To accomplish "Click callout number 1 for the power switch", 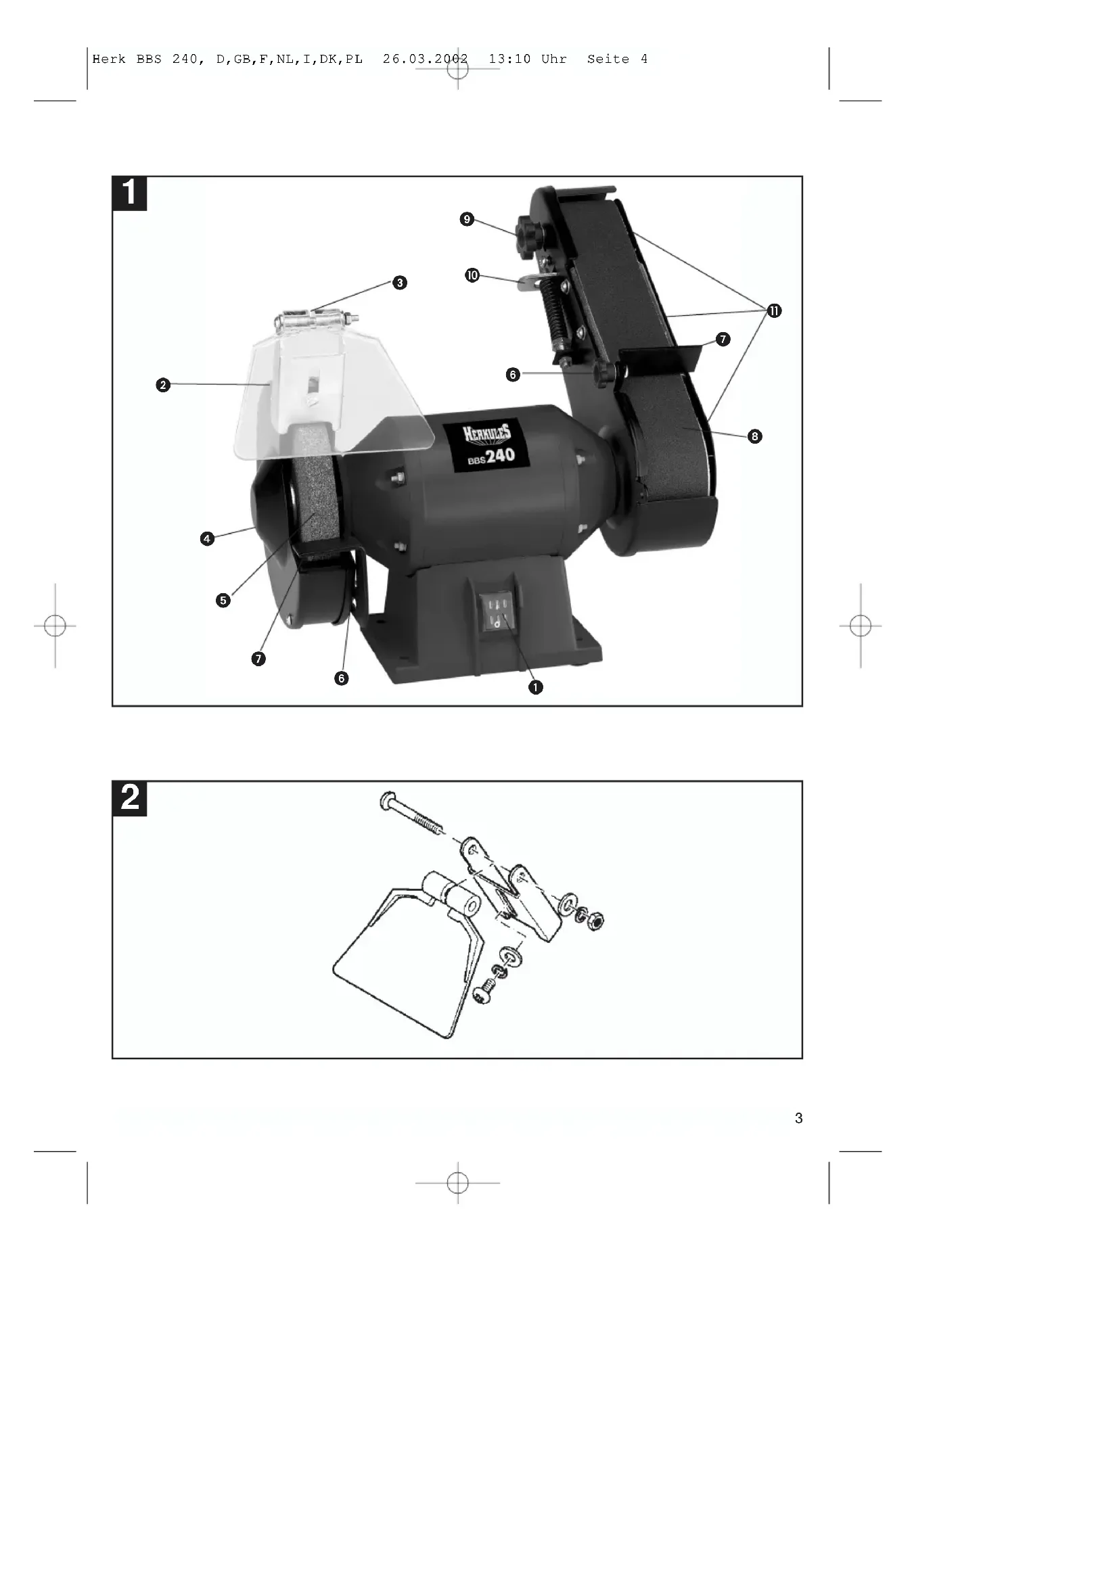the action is tap(535, 687).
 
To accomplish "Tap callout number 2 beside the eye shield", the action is tap(162, 384).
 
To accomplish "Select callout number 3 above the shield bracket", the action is tap(400, 283).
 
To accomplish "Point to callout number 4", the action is tap(208, 539).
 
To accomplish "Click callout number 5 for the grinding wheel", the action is tap(223, 600).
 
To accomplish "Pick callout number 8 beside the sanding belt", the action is tap(755, 436).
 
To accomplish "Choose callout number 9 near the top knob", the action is tap(467, 219).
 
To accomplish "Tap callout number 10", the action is tap(472, 275).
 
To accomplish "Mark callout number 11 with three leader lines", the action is tap(775, 310).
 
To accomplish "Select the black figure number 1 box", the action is tap(129, 193).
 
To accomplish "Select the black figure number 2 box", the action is tap(129, 799).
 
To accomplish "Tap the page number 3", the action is tap(798, 1118).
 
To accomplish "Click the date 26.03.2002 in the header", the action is tap(426, 60).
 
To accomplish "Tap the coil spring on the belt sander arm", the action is tap(555, 319).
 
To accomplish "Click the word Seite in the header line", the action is tap(608, 60).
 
